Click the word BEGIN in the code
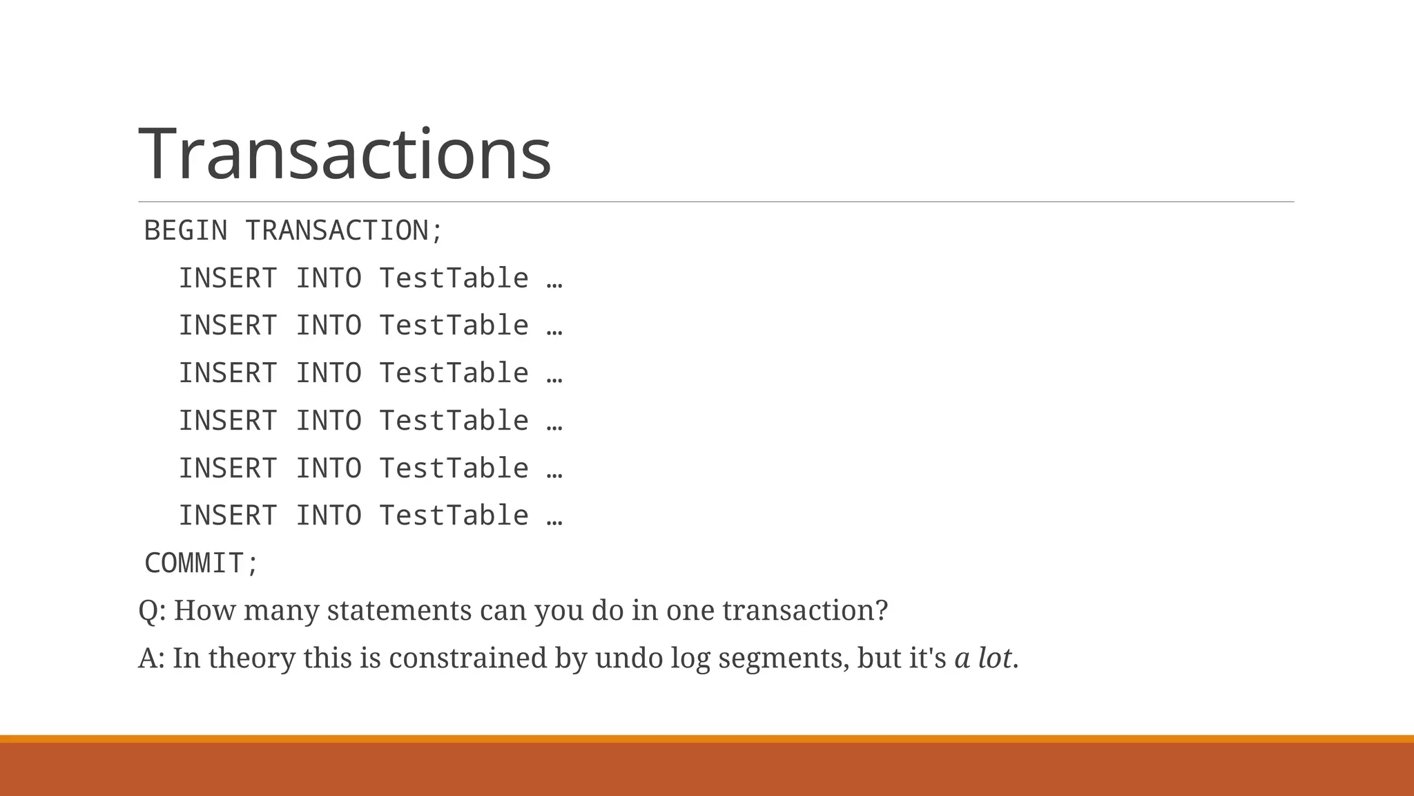185,231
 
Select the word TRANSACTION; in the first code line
344,231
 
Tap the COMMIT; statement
201,563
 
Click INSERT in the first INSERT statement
228,278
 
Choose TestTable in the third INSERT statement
454,373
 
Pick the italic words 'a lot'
983,658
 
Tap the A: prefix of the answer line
151,658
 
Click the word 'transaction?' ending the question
805,611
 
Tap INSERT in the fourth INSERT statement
228,421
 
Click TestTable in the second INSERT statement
454,325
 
